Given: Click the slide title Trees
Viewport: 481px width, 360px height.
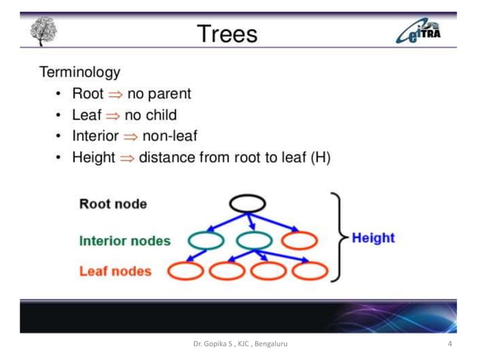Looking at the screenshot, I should [x=227, y=34].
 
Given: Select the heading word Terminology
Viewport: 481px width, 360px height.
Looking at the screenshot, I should [x=79, y=73].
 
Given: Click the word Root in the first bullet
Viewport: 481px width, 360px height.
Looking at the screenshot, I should [x=87, y=94].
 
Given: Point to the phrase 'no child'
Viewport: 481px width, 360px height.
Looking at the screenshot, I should [x=151, y=115].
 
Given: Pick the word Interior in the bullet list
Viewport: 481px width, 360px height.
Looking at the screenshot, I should [x=96, y=137].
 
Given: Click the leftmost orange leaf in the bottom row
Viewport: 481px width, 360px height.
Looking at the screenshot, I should [x=184, y=270].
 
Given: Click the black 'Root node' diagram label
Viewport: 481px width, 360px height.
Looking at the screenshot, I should [x=113, y=203].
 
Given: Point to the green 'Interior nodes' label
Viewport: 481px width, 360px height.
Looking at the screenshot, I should [x=124, y=241].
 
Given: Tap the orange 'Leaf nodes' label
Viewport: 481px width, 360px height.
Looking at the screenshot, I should [x=115, y=271].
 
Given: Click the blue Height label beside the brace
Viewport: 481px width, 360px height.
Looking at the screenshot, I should [x=373, y=237].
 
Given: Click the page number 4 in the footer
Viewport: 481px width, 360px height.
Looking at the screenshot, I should [x=449, y=344].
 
